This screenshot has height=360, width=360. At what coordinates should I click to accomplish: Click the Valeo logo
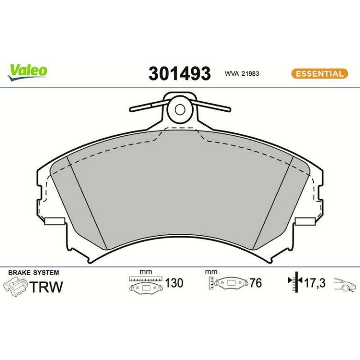point(27,72)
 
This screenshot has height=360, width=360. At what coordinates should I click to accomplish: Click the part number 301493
point(180,73)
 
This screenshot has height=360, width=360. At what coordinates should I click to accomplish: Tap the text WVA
point(231,73)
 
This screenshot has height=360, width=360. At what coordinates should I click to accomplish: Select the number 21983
point(250,73)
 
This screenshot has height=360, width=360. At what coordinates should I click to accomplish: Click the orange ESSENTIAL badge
point(320,74)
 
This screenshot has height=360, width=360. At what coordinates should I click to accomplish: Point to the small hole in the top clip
point(180,109)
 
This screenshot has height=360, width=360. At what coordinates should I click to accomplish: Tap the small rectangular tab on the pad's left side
point(55,221)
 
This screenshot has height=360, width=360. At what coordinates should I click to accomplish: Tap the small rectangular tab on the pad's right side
point(305,221)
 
